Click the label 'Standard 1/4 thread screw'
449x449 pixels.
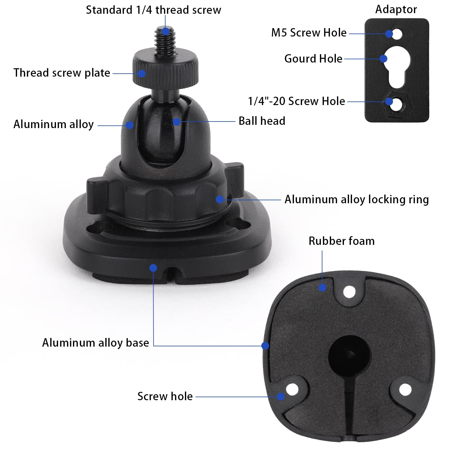click(x=153, y=10)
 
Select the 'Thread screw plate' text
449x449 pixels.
click(x=62, y=73)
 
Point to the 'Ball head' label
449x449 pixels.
click(x=262, y=121)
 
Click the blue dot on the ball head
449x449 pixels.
click(x=177, y=122)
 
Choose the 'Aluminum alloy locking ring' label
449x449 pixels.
click(x=356, y=199)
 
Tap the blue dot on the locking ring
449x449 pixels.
click(x=220, y=199)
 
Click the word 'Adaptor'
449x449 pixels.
click(x=396, y=9)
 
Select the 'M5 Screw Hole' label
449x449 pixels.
click(x=309, y=33)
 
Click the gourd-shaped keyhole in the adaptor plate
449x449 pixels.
click(x=397, y=66)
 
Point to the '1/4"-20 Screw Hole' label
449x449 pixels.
click(x=296, y=101)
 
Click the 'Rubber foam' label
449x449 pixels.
click(x=341, y=241)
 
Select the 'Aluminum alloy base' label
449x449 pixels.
click(x=95, y=343)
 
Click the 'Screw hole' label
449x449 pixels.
click(x=165, y=396)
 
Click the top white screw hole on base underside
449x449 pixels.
click(x=349, y=292)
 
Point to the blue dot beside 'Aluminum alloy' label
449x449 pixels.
click(x=129, y=125)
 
